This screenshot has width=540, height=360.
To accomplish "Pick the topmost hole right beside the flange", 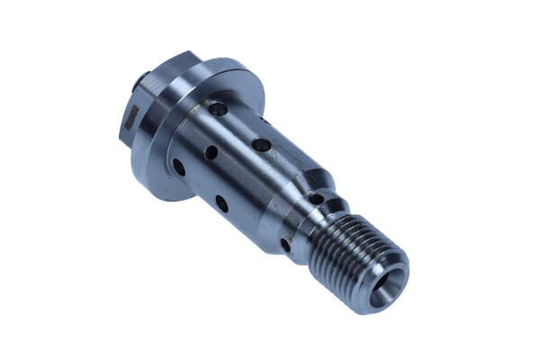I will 217,109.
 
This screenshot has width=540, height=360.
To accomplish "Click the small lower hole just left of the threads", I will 286,244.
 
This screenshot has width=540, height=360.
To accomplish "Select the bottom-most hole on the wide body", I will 220,202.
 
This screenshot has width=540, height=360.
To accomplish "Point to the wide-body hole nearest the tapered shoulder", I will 261,144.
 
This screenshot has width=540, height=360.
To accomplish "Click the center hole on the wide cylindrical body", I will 211,153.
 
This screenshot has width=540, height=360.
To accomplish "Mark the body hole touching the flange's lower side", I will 178,166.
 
